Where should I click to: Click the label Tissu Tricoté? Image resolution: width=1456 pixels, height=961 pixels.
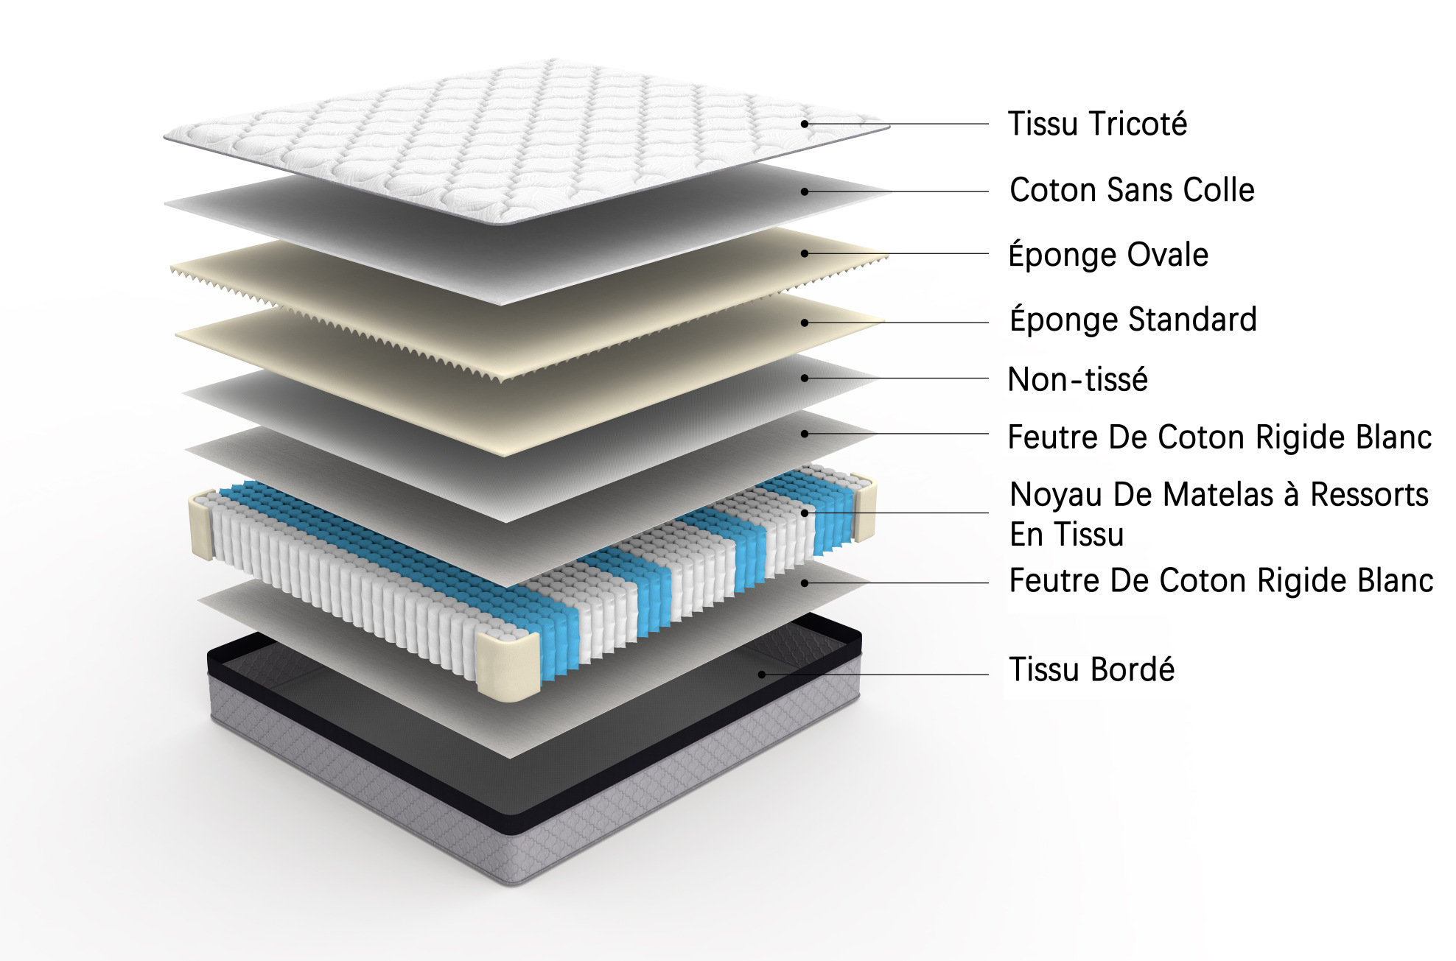coord(1097,124)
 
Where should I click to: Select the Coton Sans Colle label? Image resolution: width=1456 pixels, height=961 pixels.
coord(1132,190)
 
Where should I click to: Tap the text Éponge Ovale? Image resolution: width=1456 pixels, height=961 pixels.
coord(1108,255)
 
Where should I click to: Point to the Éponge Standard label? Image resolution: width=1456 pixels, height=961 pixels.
coord(1133,320)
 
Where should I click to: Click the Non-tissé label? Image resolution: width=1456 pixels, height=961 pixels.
coord(1077,380)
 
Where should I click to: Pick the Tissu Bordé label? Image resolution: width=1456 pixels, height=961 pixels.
coord(1091,669)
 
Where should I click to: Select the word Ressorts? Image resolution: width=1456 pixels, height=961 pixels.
coord(1369,495)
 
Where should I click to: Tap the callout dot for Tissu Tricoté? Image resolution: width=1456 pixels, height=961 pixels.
coord(805,124)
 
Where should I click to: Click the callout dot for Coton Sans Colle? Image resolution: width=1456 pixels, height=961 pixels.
coord(805,191)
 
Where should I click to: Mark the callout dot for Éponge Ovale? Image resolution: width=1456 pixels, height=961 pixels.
coord(805,253)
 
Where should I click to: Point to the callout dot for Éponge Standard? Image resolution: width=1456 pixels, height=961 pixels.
coord(805,323)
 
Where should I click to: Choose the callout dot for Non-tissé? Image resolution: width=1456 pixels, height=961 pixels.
coord(805,379)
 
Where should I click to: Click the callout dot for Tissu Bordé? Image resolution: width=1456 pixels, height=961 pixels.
coord(762,675)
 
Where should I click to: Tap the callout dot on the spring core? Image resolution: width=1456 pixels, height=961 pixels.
coord(805,513)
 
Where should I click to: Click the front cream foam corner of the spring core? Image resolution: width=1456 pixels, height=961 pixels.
coord(508,663)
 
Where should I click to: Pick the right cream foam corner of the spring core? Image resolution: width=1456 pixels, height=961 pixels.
coord(864,508)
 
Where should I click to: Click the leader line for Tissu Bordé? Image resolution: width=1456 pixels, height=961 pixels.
coord(875,675)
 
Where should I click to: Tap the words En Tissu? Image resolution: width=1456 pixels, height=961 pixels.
coord(1066,535)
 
